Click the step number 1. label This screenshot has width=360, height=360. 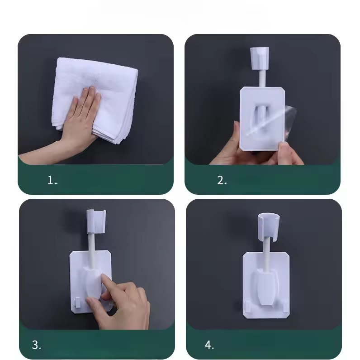click(52, 180)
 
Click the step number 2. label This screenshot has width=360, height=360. click(222, 180)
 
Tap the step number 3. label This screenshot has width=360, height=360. click(37, 345)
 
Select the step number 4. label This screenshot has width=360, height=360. click(209, 345)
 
